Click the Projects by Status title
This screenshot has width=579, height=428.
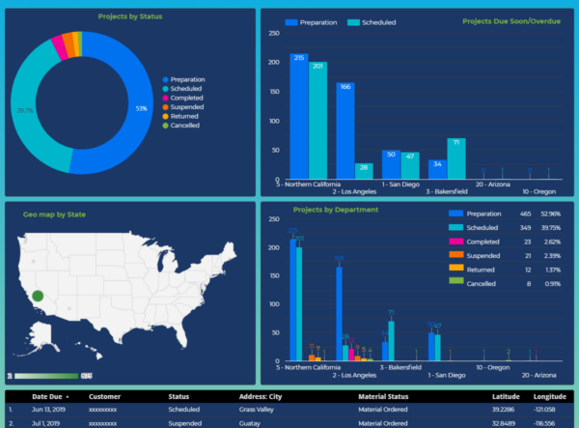[130, 16]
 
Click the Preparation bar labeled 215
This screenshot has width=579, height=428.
[299, 116]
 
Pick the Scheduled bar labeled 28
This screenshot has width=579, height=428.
[364, 171]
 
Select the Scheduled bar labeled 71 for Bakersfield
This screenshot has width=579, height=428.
[456, 158]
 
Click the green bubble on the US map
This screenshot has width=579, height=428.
[38, 296]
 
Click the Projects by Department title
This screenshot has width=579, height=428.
[335, 210]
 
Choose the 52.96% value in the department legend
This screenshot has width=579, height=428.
[549, 214]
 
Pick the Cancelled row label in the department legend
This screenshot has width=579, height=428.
[482, 283]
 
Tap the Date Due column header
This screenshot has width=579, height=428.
[49, 396]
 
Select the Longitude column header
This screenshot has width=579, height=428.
[550, 396]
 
